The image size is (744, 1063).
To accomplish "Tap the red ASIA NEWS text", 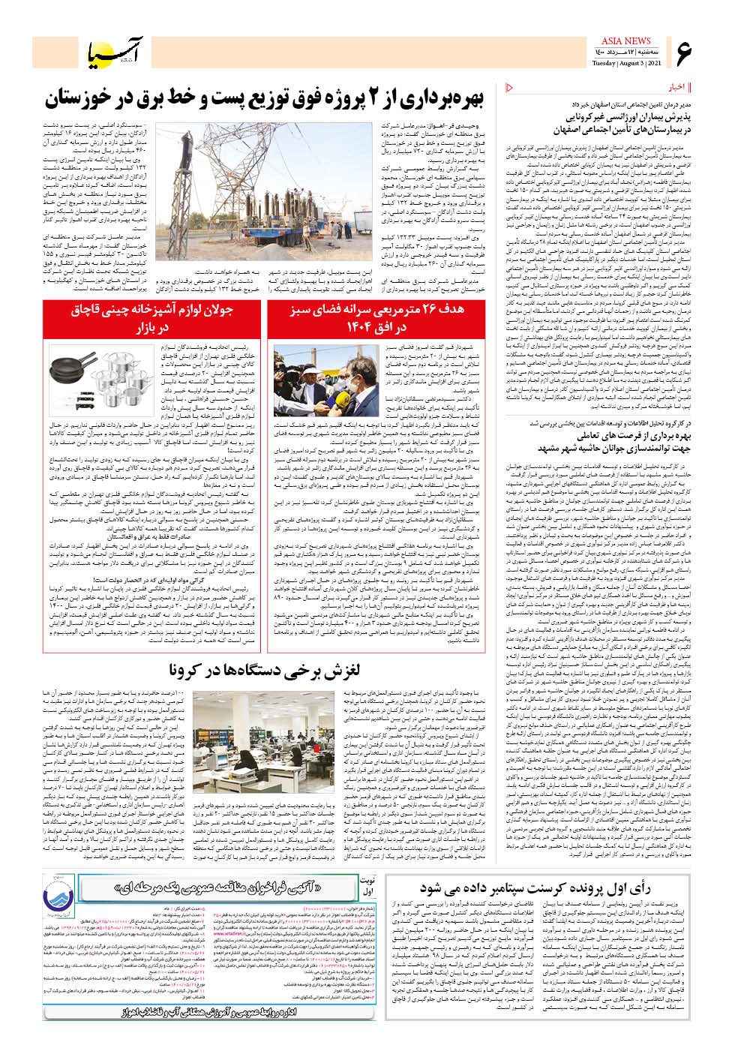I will [x=625, y=41].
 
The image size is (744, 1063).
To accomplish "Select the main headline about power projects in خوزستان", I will [x=264, y=98].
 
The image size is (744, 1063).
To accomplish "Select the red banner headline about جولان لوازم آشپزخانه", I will [x=152, y=318].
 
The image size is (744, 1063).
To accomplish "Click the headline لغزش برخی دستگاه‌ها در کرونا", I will [x=264, y=670].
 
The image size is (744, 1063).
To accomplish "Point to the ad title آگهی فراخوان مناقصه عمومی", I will [x=219, y=887].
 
